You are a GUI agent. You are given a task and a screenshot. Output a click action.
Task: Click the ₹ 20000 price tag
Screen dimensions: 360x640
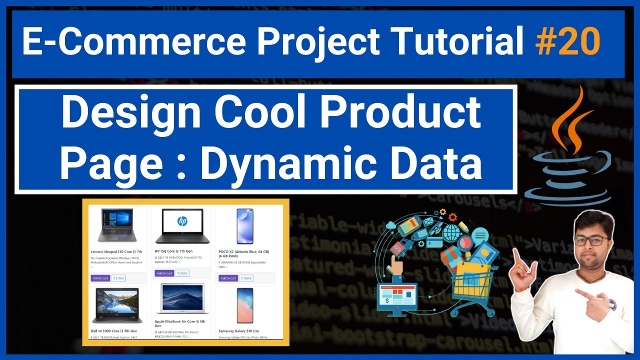click(x=182, y=273)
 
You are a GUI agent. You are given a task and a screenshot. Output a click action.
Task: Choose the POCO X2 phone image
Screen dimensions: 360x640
click(x=245, y=226)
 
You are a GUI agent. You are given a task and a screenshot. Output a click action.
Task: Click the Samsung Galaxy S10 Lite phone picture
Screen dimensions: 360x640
click(x=245, y=305)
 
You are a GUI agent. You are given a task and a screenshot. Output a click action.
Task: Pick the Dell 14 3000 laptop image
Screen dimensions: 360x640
click(x=115, y=305)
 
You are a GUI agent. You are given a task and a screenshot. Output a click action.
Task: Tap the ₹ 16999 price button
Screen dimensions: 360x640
click(x=246, y=278)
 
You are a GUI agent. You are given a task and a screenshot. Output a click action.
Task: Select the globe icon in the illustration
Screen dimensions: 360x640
click(x=451, y=232)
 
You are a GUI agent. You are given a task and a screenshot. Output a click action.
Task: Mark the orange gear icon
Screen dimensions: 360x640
click(x=452, y=217)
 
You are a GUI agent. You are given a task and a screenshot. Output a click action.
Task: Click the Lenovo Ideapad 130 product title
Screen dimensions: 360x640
click(x=116, y=251)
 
